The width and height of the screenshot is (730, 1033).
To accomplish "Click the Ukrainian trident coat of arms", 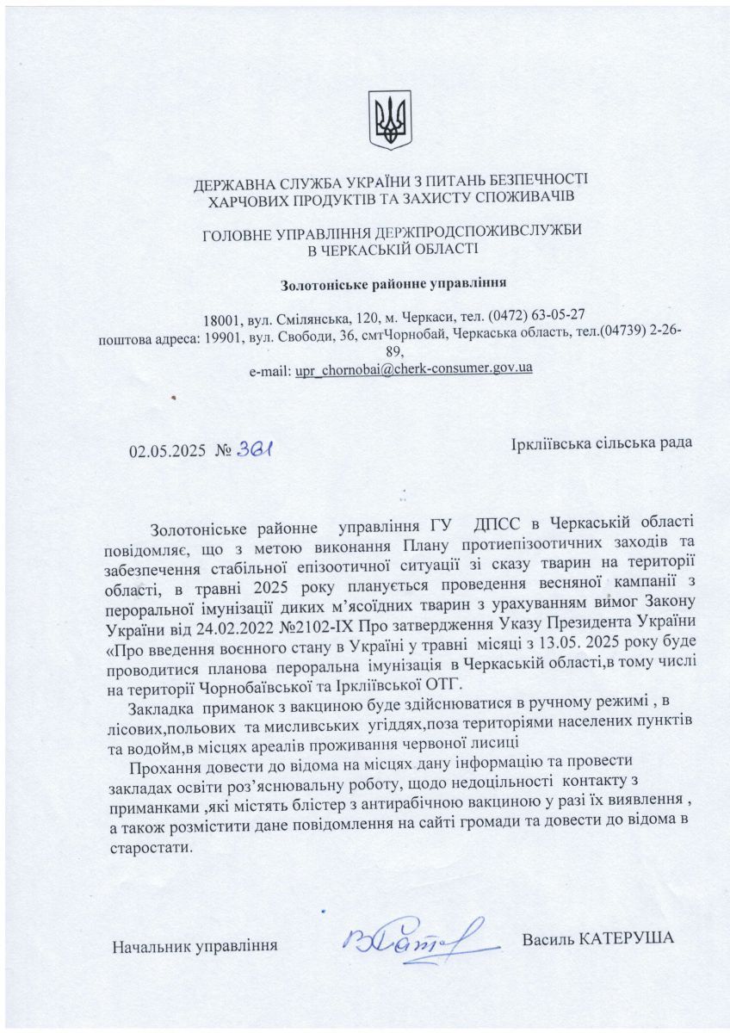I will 390,121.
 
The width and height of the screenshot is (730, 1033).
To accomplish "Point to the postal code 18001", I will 222,316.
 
